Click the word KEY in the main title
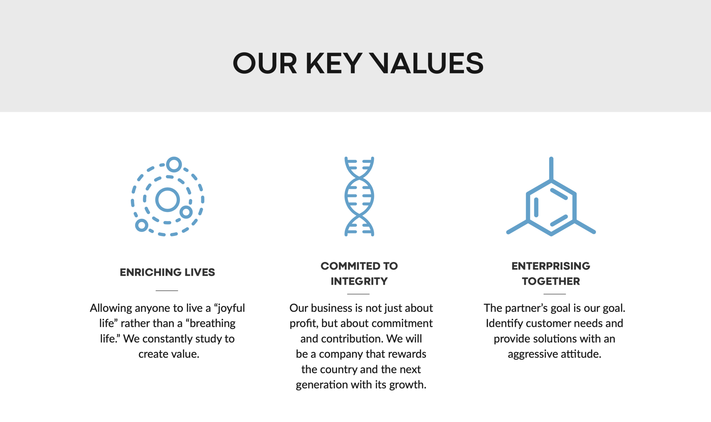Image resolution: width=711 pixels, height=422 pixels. click(334, 63)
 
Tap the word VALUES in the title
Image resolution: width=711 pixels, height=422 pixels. click(426, 63)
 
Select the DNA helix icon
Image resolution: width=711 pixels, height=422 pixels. click(359, 196)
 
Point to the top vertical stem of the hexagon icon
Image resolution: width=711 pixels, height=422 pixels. click(551, 169)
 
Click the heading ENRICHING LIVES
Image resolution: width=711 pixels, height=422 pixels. click(167, 272)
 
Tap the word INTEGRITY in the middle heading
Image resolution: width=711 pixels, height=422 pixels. click(359, 281)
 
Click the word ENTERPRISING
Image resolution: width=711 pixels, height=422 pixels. click(551, 266)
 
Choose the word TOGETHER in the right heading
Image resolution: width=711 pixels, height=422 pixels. click(551, 281)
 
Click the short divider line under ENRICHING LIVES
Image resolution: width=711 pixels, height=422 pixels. click(167, 290)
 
